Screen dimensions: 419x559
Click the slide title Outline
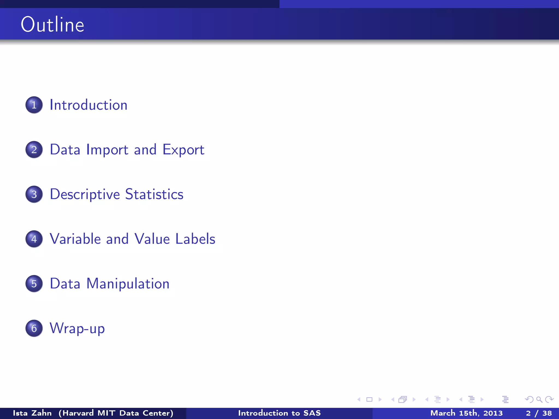pyautogui.click(x=52, y=25)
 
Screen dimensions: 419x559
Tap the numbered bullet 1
pyautogui.click(x=34, y=105)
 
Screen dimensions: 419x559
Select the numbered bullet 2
pyautogui.click(x=34, y=149)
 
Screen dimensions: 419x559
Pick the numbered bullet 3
pyautogui.click(x=34, y=194)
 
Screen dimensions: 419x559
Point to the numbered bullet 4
pyautogui.click(x=34, y=239)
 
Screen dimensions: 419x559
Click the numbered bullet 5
pyautogui.click(x=34, y=284)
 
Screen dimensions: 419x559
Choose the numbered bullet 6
pyautogui.click(x=34, y=328)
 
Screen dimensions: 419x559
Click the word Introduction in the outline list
pyautogui.click(x=88, y=105)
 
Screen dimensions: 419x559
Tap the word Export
pyautogui.click(x=183, y=150)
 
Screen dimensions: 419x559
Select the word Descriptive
pyautogui.click(x=85, y=194)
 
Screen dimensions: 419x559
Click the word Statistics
pyautogui.click(x=154, y=194)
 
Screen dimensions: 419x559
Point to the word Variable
pyautogui.click(x=75, y=239)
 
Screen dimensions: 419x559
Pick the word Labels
pyautogui.click(x=195, y=239)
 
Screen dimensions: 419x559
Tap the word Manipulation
pyautogui.click(x=128, y=284)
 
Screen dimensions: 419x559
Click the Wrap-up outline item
pyautogui.click(x=77, y=328)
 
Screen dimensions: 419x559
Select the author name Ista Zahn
pyautogui.click(x=32, y=413)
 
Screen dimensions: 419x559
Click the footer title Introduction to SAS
pyautogui.click(x=279, y=413)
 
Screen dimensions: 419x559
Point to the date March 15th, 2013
pyautogui.click(x=466, y=413)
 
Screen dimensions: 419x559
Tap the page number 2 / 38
pyautogui.click(x=539, y=413)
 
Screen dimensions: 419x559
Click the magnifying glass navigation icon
pyautogui.click(x=539, y=400)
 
